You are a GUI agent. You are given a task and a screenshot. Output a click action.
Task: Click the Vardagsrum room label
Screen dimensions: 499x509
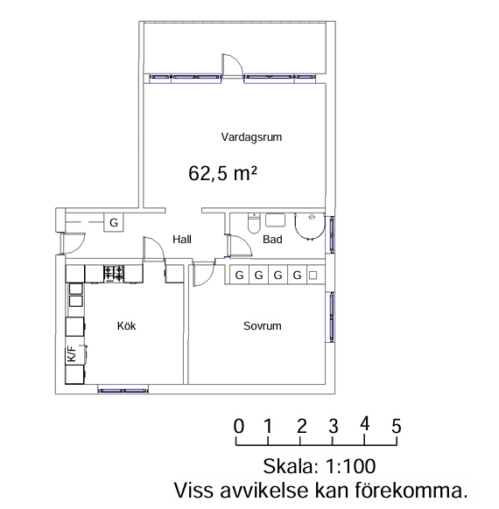point(251,137)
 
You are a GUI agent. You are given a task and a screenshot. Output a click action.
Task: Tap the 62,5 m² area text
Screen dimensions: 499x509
point(223,173)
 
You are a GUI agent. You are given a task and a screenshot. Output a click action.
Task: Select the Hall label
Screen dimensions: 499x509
point(182,240)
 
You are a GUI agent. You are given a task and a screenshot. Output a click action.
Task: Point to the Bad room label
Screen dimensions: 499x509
point(272,240)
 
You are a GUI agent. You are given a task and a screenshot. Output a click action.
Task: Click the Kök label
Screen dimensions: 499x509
point(126,325)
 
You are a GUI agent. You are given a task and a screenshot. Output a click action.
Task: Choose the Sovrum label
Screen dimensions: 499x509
point(263,326)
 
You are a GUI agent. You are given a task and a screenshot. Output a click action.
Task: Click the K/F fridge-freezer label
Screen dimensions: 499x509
point(72,353)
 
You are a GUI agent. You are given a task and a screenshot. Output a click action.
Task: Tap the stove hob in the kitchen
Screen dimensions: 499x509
point(114,274)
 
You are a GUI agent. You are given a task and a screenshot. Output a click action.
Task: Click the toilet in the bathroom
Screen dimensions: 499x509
point(254,223)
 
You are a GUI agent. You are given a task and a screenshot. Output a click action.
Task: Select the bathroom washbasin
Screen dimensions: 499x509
point(275,220)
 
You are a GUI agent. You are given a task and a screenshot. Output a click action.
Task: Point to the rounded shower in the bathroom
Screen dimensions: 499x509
point(310,227)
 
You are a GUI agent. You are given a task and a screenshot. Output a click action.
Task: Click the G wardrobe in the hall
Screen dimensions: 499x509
point(114,222)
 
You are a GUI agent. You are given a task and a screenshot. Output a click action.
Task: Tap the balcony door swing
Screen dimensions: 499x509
point(232,64)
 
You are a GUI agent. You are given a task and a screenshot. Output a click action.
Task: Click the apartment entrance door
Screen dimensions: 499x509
point(73,243)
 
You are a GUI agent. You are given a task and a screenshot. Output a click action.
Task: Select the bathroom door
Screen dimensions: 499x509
point(240,246)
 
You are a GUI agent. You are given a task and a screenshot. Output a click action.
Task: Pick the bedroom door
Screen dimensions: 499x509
point(204,275)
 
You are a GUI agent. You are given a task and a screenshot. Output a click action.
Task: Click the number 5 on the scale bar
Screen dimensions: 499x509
point(397,426)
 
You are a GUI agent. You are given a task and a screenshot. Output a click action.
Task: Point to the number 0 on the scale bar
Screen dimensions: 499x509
point(239,426)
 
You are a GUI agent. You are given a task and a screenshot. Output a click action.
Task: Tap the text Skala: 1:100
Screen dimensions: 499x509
point(320,466)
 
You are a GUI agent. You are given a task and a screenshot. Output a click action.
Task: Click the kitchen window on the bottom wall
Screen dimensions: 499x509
point(123,389)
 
